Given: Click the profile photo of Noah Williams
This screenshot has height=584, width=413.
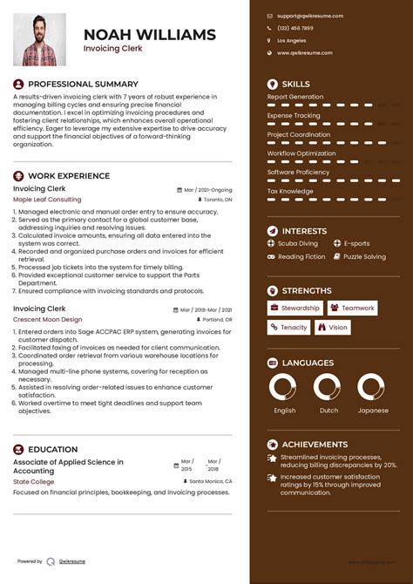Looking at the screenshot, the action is click(39, 39).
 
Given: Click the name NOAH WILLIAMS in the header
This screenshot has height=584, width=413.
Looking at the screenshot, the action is click(149, 35).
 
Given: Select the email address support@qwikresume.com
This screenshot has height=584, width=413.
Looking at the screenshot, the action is click(310, 16).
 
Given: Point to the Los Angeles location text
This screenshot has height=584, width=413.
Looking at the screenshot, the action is click(292, 40).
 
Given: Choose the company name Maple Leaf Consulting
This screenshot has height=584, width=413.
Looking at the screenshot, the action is click(47, 200).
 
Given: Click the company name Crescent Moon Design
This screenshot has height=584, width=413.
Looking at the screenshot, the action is click(47, 319).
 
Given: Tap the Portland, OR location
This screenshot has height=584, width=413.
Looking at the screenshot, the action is click(216, 319).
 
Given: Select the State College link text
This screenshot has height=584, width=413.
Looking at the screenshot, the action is click(33, 481).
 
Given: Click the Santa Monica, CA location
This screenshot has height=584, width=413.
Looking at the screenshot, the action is click(210, 481).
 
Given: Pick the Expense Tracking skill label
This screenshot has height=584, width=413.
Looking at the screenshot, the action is click(293, 115).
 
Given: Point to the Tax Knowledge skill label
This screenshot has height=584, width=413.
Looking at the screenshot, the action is click(290, 191).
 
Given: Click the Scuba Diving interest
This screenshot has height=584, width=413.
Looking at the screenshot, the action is click(298, 244).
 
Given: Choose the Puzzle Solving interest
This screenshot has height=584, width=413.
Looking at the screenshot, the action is click(364, 257).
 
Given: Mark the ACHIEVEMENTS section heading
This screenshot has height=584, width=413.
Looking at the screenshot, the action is click(315, 445).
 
